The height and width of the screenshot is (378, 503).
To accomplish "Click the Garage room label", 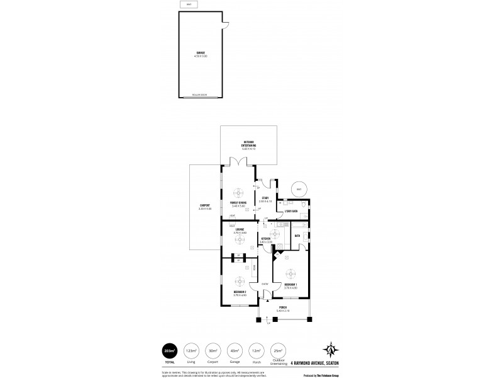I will pyautogui.click(x=201, y=54).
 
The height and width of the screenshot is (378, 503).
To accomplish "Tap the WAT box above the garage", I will pyautogui.click(x=187, y=5).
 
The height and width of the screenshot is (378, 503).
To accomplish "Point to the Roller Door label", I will pyautogui.click(x=201, y=96).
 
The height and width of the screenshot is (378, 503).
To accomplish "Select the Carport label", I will pyautogui.click(x=204, y=207).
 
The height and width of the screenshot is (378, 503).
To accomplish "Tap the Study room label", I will pyautogui.click(x=265, y=198).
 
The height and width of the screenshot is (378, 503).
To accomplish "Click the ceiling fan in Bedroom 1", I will pyautogui.click(x=291, y=274).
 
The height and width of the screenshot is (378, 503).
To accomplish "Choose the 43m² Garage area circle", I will pyautogui.click(x=235, y=350).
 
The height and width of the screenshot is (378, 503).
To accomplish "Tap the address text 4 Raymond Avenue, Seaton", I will pyautogui.click(x=314, y=362).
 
